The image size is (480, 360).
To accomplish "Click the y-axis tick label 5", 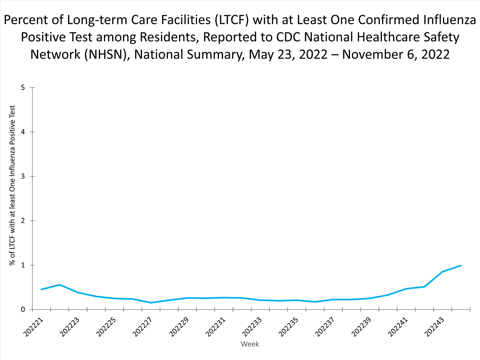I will tap(23, 88).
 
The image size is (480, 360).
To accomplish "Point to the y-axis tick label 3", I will tap(23, 176).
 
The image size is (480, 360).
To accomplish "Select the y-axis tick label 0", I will tap(23, 309).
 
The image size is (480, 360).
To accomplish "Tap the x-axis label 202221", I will tap(33, 327).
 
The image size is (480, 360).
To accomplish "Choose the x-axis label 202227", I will tap(142, 327).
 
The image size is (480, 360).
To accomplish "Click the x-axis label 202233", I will tap(252, 327).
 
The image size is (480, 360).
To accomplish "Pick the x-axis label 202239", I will tap(361, 327).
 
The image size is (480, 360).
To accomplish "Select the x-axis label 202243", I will tap(434, 327).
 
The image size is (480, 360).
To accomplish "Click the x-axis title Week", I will tap(250, 344).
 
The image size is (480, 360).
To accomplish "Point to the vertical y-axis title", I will tap(12, 186).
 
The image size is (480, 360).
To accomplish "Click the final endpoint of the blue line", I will tap(461, 266).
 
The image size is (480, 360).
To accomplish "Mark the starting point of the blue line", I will tap(42, 289).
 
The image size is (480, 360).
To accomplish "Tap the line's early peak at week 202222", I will tap(60, 285).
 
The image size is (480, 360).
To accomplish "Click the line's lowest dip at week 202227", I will tap(151, 303).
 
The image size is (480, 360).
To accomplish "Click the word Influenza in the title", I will tap(450, 20).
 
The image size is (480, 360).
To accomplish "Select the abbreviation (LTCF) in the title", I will tap(232, 20).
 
